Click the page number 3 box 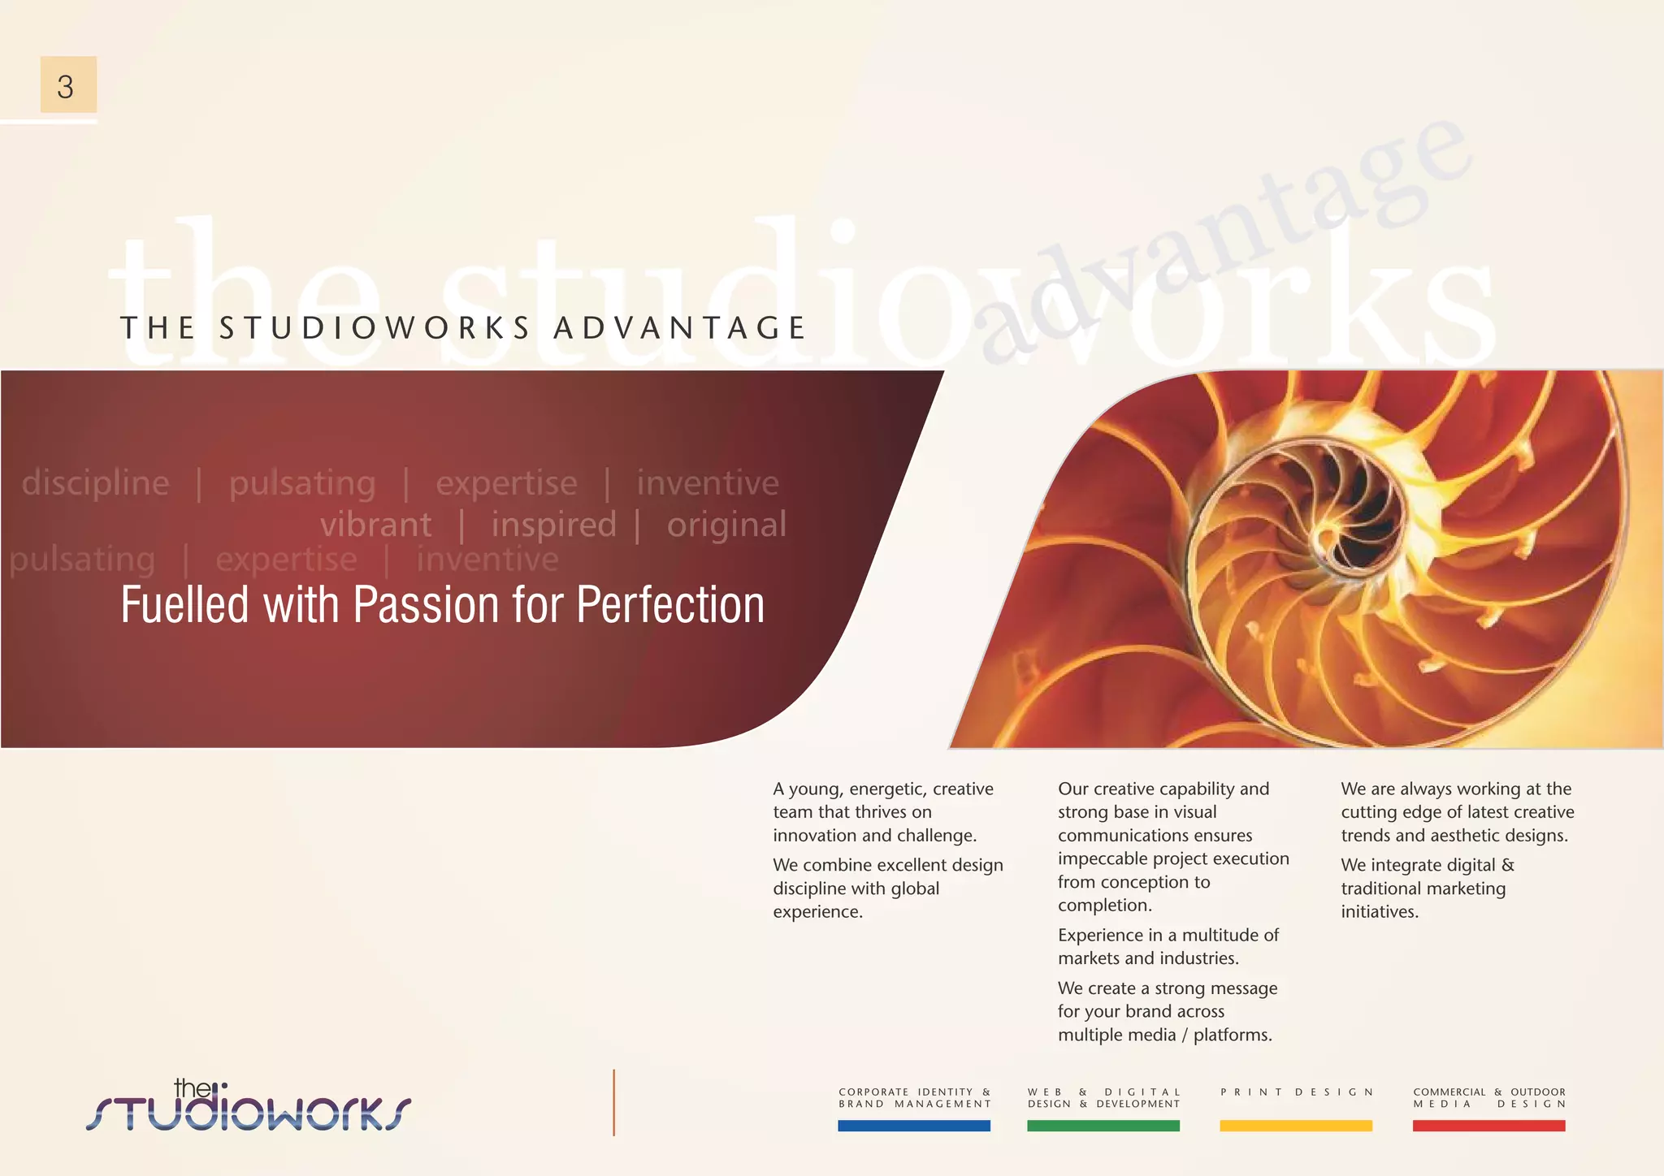(68, 85)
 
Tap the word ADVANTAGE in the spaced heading (680, 328)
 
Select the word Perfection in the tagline (670, 605)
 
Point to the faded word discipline (95, 483)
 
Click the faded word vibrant (375, 525)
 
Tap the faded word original (726, 525)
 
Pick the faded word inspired (553, 525)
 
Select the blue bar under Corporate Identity (914, 1126)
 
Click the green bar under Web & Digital (1103, 1126)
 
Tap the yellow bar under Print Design (1296, 1126)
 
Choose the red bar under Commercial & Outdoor (1488, 1126)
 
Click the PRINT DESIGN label (1296, 1092)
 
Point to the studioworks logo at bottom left (248, 1106)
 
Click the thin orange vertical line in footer (614, 1102)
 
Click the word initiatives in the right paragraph (1380, 911)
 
